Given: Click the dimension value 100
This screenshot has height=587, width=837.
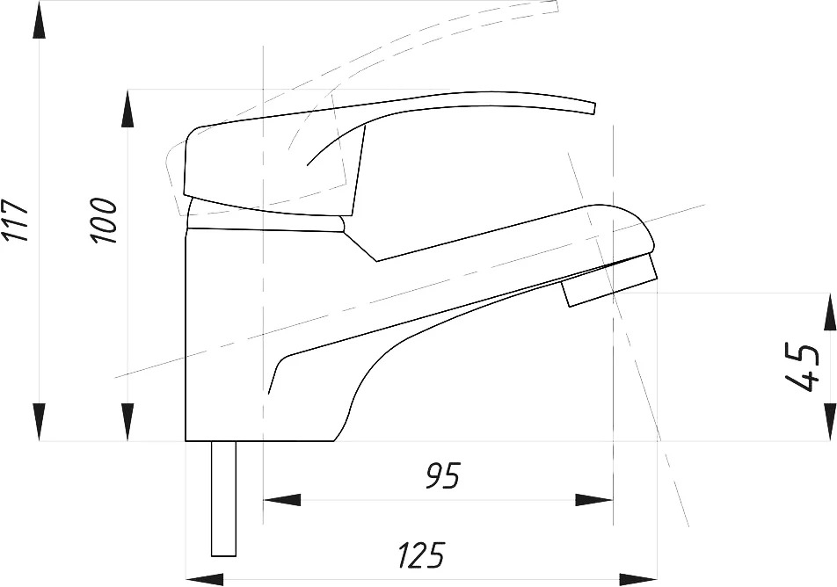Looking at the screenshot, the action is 104,221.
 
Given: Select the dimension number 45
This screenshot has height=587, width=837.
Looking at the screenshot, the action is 802,368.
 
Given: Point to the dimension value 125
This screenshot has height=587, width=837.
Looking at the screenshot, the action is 421,555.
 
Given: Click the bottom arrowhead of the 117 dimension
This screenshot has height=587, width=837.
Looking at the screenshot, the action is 39,422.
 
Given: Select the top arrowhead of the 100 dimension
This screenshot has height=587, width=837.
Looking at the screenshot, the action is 127,108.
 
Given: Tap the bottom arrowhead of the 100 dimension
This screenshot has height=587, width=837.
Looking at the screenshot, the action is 127,422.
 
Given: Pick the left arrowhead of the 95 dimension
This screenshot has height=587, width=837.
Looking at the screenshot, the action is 282,500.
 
